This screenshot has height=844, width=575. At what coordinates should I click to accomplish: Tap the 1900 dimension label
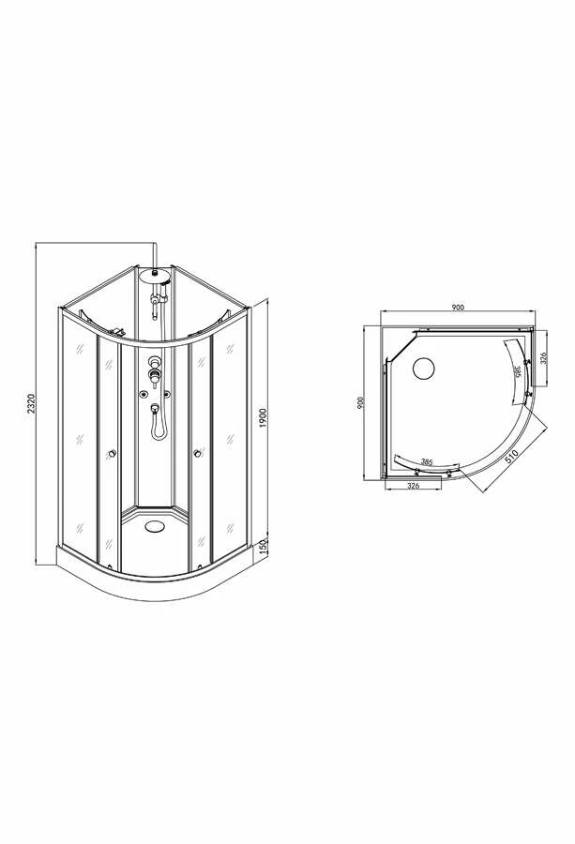[263, 417]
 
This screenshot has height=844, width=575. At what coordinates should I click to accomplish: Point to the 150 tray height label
[264, 547]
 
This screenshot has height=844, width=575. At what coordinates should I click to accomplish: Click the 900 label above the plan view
[458, 308]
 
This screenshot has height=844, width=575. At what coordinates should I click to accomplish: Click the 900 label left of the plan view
[360, 402]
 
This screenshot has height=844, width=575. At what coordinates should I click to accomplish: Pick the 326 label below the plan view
[413, 486]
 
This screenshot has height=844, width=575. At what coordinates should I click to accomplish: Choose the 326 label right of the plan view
[543, 358]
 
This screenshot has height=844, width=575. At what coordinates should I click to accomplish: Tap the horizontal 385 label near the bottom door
[427, 461]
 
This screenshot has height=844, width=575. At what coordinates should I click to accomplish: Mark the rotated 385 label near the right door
[516, 371]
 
